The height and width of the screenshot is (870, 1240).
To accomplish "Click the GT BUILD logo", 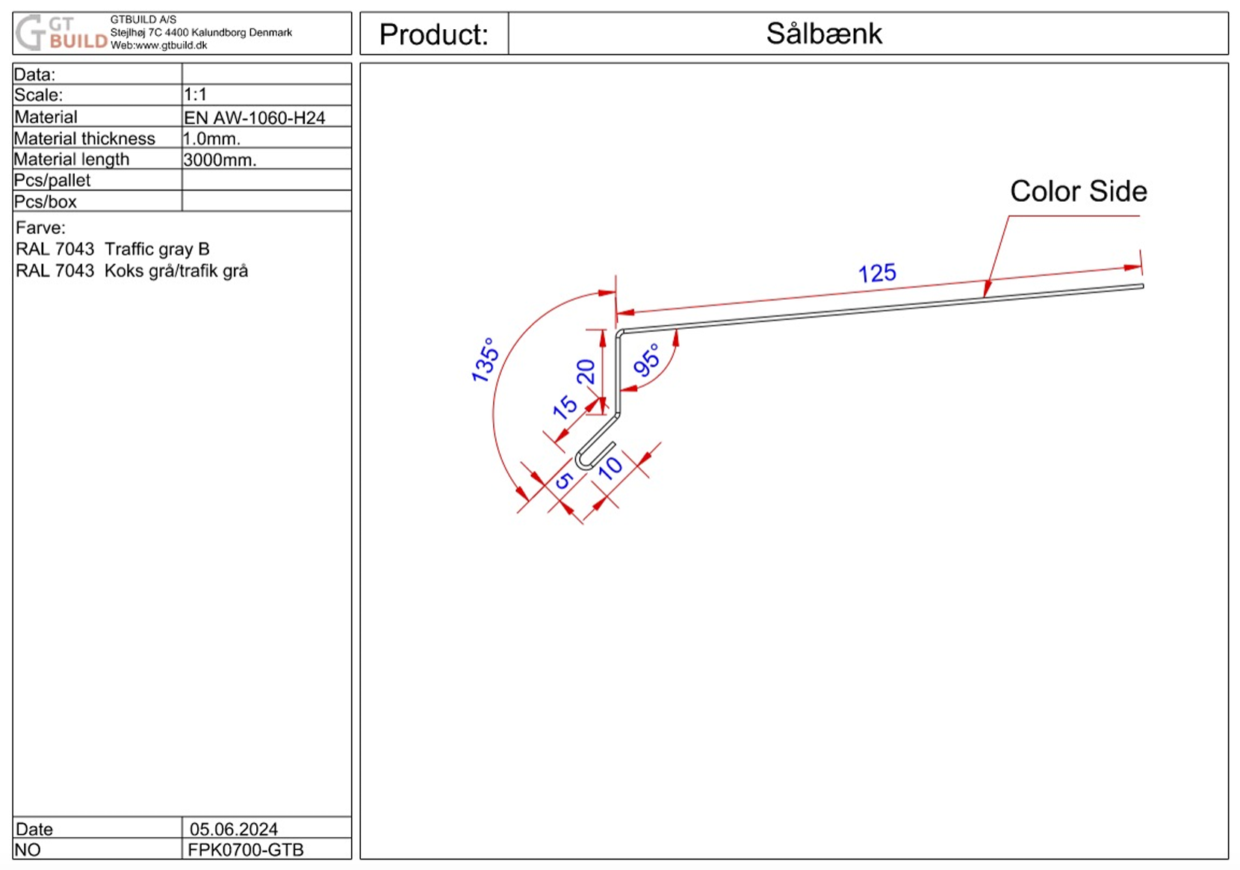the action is pyautogui.click(x=61, y=33).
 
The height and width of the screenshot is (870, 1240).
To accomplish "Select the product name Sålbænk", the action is pyautogui.click(x=824, y=34).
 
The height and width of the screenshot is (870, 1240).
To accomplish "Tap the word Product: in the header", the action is pyautogui.click(x=433, y=34).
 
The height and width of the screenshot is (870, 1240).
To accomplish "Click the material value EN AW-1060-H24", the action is pyautogui.click(x=254, y=117).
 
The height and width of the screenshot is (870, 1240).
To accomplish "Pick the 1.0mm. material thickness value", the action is pyautogui.click(x=211, y=138).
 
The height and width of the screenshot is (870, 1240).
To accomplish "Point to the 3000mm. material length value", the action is pyautogui.click(x=220, y=160).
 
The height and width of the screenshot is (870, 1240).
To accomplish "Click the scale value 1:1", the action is pyautogui.click(x=195, y=95).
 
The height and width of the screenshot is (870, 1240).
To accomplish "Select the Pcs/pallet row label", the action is pyautogui.click(x=52, y=181).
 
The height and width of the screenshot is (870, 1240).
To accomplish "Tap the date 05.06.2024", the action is pyautogui.click(x=234, y=829).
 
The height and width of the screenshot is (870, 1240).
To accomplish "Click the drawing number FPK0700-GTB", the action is pyautogui.click(x=245, y=850).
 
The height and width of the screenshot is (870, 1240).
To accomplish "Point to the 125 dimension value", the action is pyautogui.click(x=877, y=273).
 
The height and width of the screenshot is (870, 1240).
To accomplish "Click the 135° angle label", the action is pyautogui.click(x=485, y=360).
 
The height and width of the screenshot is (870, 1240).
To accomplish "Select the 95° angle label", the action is pyautogui.click(x=647, y=360).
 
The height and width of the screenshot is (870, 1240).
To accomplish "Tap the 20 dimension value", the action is pyautogui.click(x=585, y=371).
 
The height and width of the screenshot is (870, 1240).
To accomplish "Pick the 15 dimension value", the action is pyautogui.click(x=565, y=407).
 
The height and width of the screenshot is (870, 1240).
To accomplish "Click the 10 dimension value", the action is pyautogui.click(x=610, y=468).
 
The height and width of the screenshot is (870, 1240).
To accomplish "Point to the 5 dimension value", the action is pyautogui.click(x=563, y=481).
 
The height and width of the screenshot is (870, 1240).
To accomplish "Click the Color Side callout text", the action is pyautogui.click(x=1079, y=191).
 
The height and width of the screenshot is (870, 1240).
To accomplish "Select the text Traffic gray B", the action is pyautogui.click(x=157, y=249).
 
